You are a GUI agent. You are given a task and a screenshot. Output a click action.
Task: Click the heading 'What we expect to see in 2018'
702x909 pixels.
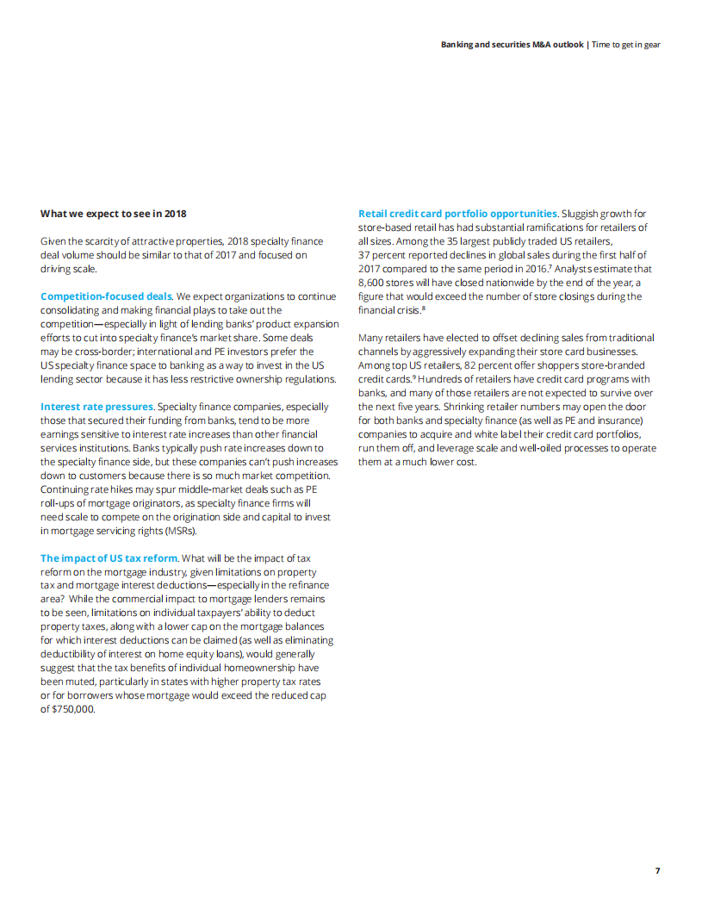[x=113, y=214]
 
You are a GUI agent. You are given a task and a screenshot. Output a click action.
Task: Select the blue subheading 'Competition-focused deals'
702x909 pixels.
[x=106, y=296]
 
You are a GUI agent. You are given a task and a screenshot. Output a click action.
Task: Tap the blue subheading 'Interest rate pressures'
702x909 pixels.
[x=96, y=407]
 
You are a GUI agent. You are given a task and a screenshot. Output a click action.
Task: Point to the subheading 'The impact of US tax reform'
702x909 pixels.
[x=109, y=558]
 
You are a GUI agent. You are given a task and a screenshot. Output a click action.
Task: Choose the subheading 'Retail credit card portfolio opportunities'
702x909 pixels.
[x=457, y=214]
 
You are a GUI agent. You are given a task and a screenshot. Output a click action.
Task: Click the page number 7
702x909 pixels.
[x=657, y=870]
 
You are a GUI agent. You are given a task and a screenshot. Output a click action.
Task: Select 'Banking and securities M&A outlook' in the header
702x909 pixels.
[x=512, y=44]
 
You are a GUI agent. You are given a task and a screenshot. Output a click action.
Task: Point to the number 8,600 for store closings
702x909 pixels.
[x=372, y=283]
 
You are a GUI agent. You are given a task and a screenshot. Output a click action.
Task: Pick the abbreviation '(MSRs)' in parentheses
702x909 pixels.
[x=181, y=531]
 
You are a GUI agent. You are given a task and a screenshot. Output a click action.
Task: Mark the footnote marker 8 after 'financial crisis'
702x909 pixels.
[x=422, y=308]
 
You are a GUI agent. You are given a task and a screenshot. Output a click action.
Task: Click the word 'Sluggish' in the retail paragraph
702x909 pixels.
[x=583, y=214]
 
